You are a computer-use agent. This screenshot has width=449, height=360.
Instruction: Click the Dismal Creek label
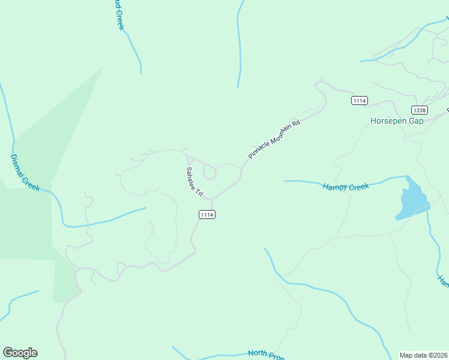click(x=25, y=172)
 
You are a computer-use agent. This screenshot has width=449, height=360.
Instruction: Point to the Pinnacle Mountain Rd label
click(x=274, y=139)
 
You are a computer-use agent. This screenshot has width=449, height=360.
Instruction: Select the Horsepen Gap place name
click(x=397, y=121)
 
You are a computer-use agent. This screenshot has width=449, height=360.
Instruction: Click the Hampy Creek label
click(x=346, y=187)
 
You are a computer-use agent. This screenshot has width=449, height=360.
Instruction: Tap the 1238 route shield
click(x=420, y=110)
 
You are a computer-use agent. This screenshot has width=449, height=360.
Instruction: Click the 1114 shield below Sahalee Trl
click(x=207, y=214)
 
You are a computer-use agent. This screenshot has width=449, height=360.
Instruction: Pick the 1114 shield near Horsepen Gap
click(x=360, y=101)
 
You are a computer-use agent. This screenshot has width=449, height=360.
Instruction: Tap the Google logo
click(x=20, y=353)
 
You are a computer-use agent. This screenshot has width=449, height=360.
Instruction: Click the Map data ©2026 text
click(x=423, y=355)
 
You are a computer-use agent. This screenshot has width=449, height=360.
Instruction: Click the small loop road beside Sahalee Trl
click(x=209, y=172)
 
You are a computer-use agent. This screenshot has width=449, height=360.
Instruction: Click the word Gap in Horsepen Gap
click(x=415, y=121)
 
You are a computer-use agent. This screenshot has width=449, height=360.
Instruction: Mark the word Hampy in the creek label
click(x=335, y=188)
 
